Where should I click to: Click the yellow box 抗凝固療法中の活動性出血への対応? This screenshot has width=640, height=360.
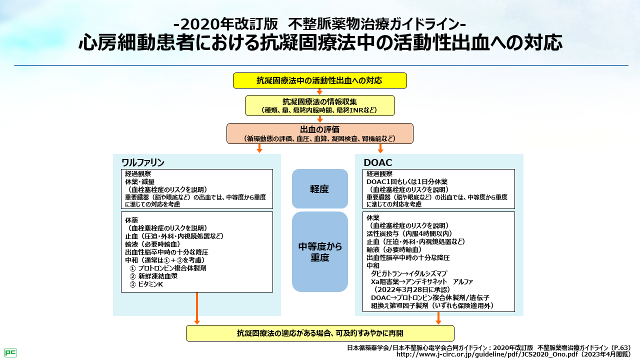coord(319,80)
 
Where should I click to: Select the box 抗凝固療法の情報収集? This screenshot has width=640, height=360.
coord(319,105)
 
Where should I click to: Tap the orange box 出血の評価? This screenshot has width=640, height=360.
coord(319,133)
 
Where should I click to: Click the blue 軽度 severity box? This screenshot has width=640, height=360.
coord(319,189)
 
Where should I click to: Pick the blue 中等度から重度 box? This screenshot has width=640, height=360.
coord(319,251)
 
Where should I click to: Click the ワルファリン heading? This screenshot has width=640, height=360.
coord(143,163)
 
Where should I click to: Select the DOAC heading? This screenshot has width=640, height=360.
coord(377,163)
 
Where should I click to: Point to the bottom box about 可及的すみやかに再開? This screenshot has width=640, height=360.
coord(319,333)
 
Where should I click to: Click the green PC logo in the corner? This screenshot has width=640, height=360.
coord(10,352)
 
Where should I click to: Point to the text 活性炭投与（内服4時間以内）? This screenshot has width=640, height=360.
coord(409,233)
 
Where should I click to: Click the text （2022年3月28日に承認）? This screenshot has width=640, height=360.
coord(412,289)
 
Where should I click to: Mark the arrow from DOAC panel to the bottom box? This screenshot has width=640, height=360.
coord(438,318)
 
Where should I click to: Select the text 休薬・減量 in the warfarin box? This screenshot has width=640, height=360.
coord(139,181)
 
